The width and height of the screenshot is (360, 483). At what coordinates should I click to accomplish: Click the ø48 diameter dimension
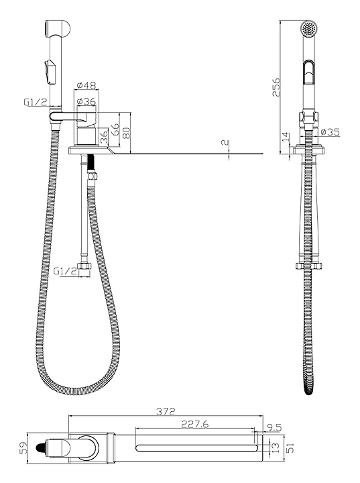click(86, 85)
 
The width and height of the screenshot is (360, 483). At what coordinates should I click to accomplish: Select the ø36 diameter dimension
click(86, 101)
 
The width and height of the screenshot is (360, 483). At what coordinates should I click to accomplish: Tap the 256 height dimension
click(276, 87)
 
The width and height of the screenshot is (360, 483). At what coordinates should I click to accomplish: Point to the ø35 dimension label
click(330, 132)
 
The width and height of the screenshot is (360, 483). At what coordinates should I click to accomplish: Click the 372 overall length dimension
click(166, 411)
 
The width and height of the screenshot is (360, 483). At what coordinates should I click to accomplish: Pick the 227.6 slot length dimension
click(194, 424)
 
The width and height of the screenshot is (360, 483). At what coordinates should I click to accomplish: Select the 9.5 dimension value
click(274, 427)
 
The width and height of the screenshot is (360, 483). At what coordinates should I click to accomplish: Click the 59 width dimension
click(23, 448)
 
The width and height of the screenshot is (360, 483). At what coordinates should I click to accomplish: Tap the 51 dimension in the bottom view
click(290, 447)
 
